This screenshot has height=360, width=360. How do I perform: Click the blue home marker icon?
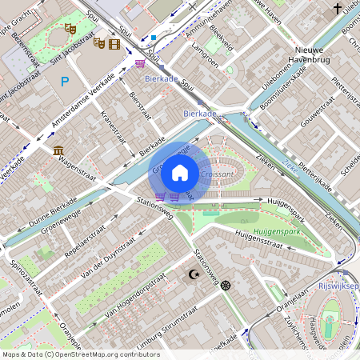[180, 172]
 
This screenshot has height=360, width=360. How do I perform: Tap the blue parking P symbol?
[65, 81]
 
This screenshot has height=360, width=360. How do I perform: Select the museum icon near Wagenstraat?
[59, 150]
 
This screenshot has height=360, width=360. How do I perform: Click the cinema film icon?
[114, 43]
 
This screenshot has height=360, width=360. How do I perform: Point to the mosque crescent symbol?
[192, 274]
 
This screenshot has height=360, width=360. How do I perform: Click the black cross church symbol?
[338, 9]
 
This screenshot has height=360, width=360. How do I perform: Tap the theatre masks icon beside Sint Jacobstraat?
[70, 28]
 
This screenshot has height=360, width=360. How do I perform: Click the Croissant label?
[217, 173]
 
